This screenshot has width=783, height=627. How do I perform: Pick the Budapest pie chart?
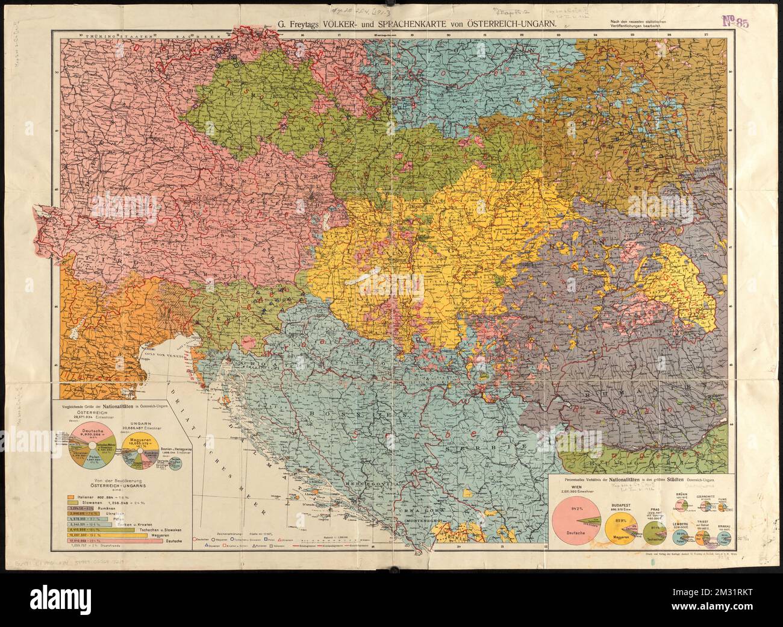click(622, 519)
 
